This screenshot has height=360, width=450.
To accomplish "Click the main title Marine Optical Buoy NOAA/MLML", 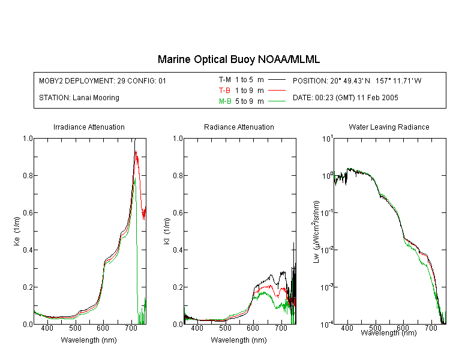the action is tap(238, 59).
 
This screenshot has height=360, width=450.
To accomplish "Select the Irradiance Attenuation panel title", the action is tap(89, 127).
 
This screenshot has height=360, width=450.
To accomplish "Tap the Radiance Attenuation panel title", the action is tap(239, 127).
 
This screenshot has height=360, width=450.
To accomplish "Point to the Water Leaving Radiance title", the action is tap(389, 127).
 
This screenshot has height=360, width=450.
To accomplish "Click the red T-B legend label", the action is tap(224, 91).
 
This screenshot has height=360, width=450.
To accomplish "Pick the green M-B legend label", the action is tap(225, 101).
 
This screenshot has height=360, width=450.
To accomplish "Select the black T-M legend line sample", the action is tap(277, 80).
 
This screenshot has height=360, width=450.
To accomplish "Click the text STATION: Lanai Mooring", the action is tap(79, 98).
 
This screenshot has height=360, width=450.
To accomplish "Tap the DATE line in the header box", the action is tap(345, 98).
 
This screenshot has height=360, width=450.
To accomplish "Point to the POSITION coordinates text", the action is tap(357, 80).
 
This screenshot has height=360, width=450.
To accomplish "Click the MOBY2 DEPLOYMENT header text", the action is tap(103, 80).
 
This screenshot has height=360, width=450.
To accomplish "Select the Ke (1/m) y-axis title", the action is tap(17, 231).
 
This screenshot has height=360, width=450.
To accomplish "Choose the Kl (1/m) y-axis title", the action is tap(167, 232).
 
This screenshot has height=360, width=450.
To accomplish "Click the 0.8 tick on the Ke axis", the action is tap(28, 175).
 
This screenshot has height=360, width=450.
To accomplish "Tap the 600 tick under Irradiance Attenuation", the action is tap(103, 328).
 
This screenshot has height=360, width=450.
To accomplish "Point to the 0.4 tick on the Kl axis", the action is tap(178, 250).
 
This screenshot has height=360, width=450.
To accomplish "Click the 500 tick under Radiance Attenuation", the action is tap(225, 328).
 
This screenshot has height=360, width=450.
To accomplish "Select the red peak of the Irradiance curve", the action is tap(136, 151).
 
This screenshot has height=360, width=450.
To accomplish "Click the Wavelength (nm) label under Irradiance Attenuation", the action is tap(89, 340).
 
